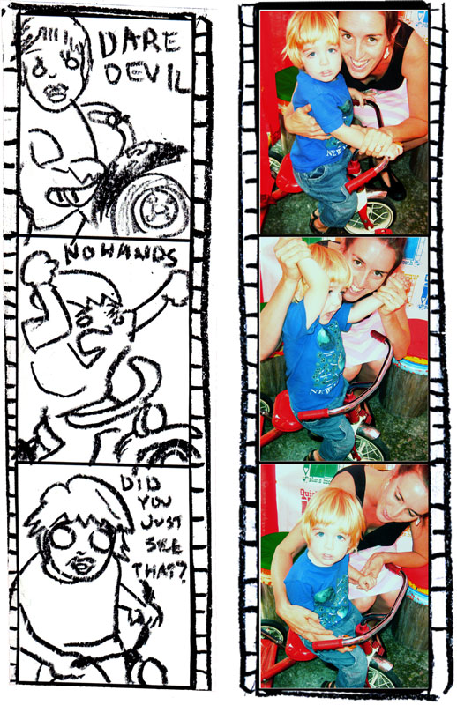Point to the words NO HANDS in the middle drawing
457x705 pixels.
pyautogui.click(x=120, y=256)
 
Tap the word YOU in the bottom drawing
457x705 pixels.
pyautogui.click(x=151, y=502)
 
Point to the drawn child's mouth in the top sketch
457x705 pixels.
pyautogui.click(x=56, y=93)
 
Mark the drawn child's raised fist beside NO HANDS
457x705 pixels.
pyautogui.click(x=39, y=268)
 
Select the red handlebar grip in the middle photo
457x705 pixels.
pyautogui.click(x=313, y=413)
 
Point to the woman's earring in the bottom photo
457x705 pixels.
pyautogui.click(x=418, y=521)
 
